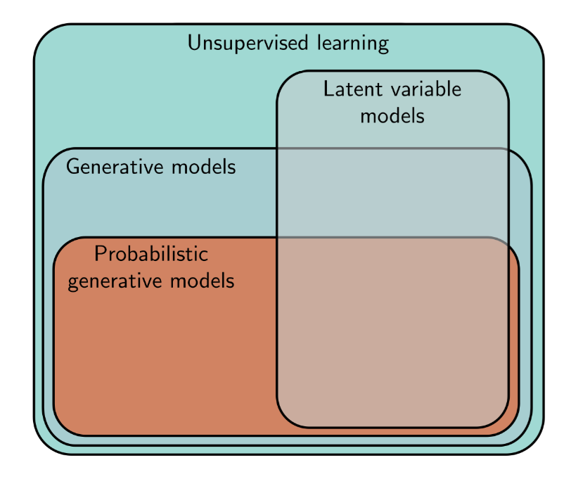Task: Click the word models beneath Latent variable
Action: (392, 115)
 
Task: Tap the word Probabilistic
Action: (151, 254)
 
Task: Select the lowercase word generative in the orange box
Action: (113, 281)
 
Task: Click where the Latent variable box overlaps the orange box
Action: (392, 331)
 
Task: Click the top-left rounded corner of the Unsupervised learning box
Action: (44, 34)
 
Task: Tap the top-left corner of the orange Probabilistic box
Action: (62, 245)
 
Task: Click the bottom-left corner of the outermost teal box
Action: (44, 444)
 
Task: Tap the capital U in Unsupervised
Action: (193, 44)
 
